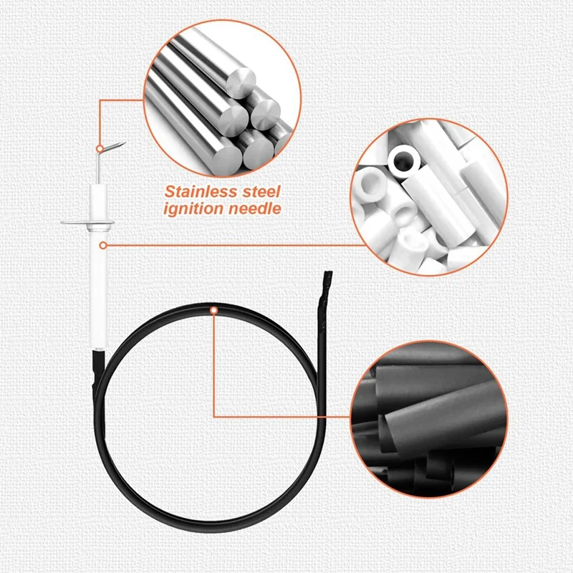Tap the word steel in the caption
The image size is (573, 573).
259,192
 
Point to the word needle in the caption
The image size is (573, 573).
254,208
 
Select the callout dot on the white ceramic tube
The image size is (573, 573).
104,245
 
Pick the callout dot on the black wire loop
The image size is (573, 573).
213,309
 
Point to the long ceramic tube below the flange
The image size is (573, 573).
97,286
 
